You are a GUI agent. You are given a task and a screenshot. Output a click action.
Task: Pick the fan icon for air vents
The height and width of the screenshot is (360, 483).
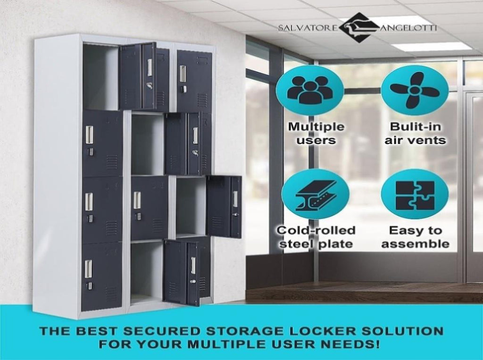point(414,90)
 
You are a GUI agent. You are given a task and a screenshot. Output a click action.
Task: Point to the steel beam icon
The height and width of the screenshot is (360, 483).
point(315,194)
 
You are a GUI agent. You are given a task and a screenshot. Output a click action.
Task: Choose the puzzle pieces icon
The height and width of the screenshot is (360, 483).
point(415,194)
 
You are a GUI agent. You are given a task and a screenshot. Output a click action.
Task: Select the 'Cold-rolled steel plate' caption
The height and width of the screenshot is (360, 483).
point(316,237)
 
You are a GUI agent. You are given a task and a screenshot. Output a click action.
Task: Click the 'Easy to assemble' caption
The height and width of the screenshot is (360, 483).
point(415,237)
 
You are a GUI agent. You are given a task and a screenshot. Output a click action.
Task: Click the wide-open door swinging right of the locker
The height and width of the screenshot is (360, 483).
point(224,206)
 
